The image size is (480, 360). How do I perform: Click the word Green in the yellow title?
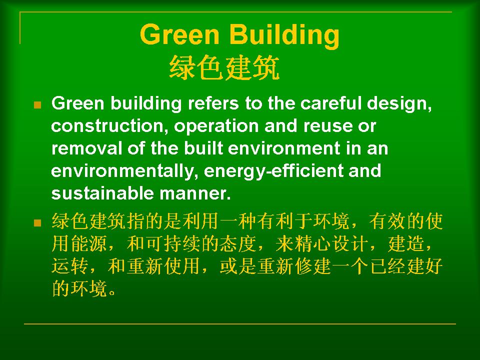pos(179,34)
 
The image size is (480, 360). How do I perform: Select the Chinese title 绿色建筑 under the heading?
pos(224,67)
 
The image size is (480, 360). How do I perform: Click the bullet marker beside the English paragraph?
pos(37,105)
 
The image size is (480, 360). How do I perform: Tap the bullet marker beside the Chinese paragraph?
pos(37,222)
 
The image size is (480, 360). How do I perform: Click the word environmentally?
pos(122,171)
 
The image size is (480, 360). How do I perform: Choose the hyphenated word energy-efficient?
pos(273,171)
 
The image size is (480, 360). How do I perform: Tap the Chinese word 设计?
pos(350,244)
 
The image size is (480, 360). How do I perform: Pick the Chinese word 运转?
pos(70,266)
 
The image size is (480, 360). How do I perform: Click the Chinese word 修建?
pos(313,266)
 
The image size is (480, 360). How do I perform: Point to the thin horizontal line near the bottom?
pos(240,323)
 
